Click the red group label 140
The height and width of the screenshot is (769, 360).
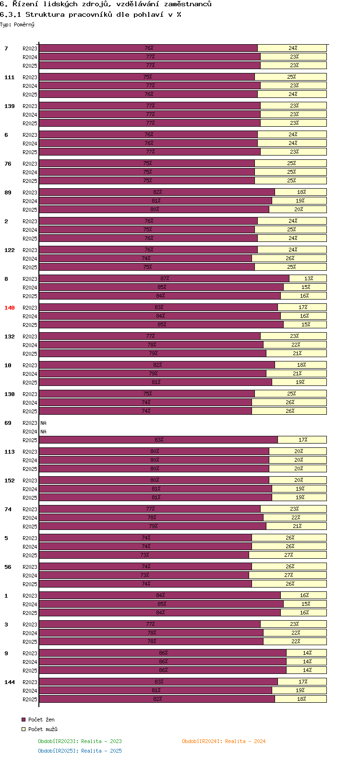[x=10, y=308]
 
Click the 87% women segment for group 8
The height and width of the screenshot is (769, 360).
[x=164, y=278]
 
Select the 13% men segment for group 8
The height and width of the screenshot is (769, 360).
[x=308, y=278]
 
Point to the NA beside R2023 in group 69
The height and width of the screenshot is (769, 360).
[x=44, y=423]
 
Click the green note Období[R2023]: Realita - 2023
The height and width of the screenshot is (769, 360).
[x=80, y=741]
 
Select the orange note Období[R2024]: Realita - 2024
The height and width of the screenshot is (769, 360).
[x=224, y=741]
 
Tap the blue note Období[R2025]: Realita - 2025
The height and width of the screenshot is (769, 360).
[x=80, y=751]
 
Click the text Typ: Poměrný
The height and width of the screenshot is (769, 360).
[x=17, y=24]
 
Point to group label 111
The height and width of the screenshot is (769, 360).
[x=10, y=77]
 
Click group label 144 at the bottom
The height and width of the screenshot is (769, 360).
[x=10, y=682]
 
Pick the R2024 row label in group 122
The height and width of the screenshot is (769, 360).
[x=30, y=259]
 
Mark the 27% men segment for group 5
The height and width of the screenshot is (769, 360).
[x=288, y=555]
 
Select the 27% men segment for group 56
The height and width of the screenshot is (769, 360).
[x=288, y=575]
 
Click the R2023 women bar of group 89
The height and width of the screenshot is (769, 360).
[x=157, y=192]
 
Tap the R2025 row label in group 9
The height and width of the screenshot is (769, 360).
[x=30, y=671]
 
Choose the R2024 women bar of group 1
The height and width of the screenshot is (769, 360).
[x=161, y=604]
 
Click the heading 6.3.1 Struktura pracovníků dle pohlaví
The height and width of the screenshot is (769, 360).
[x=90, y=14]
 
